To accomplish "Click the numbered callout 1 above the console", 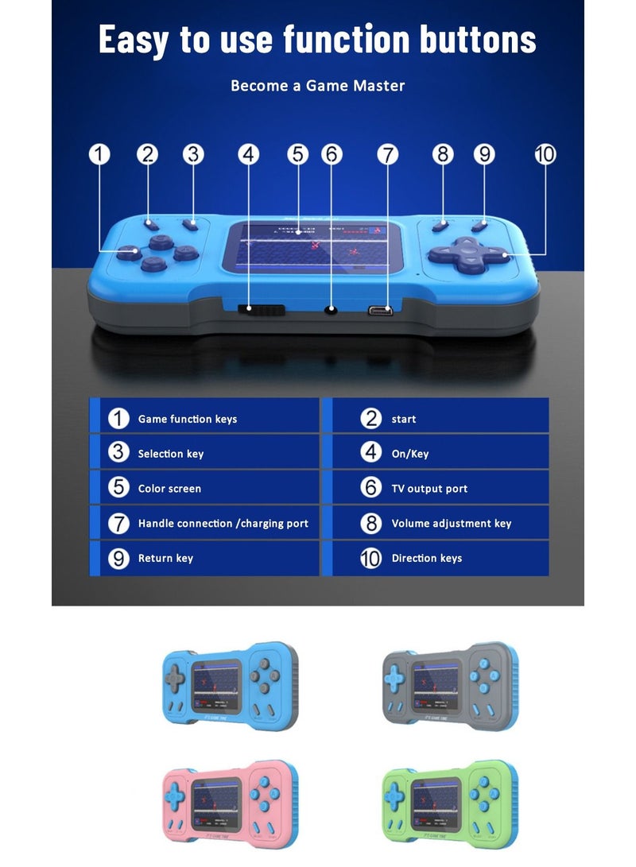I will [99, 154].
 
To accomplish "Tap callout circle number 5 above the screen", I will [298, 154].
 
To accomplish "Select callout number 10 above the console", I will [545, 154].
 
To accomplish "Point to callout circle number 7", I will [387, 154].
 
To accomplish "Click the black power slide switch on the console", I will [258, 311].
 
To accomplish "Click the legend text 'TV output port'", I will [429, 489].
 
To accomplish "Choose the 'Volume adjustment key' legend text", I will [451, 524].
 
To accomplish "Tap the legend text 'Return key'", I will [165, 559].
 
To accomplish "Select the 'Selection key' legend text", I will [170, 454].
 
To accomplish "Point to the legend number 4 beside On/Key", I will [371, 453].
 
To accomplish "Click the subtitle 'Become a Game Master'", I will [317, 86].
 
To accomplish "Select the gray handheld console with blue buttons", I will [450, 685].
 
